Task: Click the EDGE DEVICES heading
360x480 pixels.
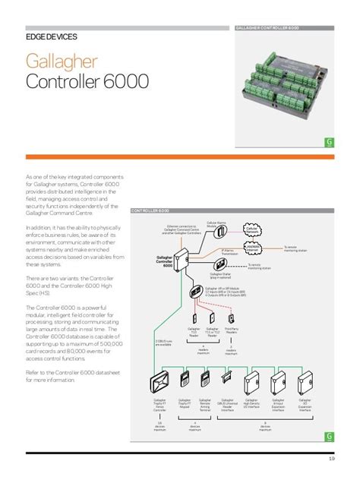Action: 51,36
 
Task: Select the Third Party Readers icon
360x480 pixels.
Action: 231,318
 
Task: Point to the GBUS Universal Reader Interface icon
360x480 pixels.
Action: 226,377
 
